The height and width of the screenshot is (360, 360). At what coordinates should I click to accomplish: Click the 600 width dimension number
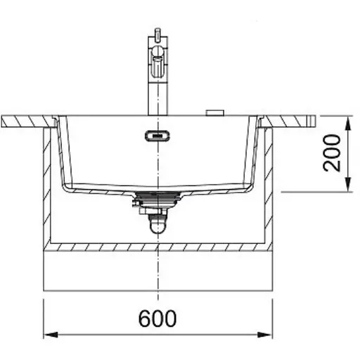[x=157, y=319]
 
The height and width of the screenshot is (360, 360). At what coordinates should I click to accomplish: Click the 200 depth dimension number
[x=331, y=153]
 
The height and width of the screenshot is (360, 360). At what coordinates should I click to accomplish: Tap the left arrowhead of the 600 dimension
[x=51, y=335]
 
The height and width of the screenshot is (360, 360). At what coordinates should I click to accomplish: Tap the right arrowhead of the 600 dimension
[x=265, y=335]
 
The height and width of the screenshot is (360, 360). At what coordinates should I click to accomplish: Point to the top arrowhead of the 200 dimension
[x=349, y=123]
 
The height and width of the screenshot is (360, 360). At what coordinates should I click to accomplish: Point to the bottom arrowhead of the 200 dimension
[x=349, y=184]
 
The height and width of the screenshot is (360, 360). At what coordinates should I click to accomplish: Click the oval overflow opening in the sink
[x=157, y=136]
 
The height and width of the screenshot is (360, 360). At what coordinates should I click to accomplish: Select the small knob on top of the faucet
[x=157, y=32]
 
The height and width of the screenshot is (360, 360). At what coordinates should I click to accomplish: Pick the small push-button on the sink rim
[x=215, y=112]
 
